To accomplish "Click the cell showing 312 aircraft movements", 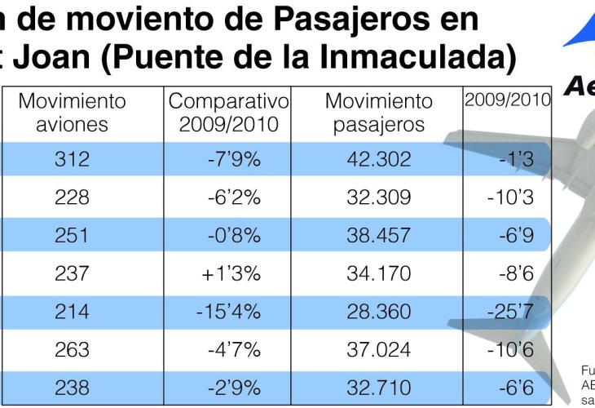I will (73, 160).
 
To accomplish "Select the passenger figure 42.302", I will (379, 160).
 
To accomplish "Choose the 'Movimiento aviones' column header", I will (73, 113).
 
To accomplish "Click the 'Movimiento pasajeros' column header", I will (379, 113).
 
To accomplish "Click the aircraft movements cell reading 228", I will (73, 198).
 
